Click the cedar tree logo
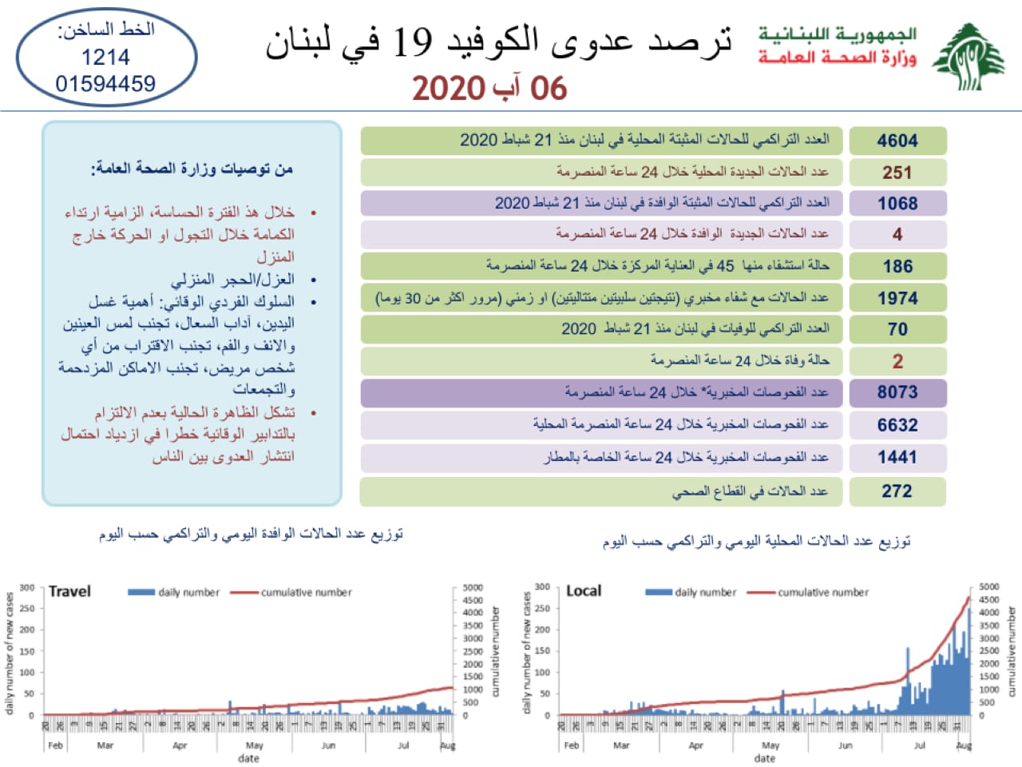969,58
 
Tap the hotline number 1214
105,58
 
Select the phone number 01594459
105,84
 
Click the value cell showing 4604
897,141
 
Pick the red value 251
897,173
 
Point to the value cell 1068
897,204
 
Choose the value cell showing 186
897,266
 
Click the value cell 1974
897,298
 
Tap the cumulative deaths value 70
897,329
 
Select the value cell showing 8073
897,392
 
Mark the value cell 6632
897,425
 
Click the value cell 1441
897,457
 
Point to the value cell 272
897,491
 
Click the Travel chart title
69,591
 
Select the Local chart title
584,591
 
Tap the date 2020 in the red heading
449,89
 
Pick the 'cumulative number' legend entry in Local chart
823,593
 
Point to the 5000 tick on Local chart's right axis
988,587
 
